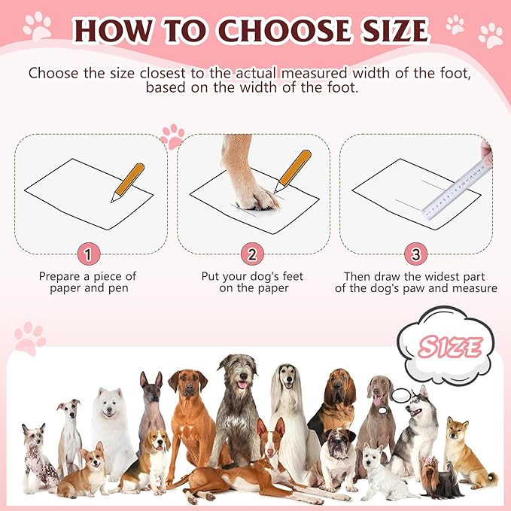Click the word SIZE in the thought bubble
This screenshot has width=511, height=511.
pos(451,347)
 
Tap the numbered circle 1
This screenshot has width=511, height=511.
pos(88,254)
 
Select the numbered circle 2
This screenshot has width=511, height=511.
pos(251,254)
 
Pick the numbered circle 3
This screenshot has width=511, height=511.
pos(415,254)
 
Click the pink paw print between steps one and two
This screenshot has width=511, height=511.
pos(172,135)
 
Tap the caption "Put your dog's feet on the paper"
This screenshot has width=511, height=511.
pos(252,282)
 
